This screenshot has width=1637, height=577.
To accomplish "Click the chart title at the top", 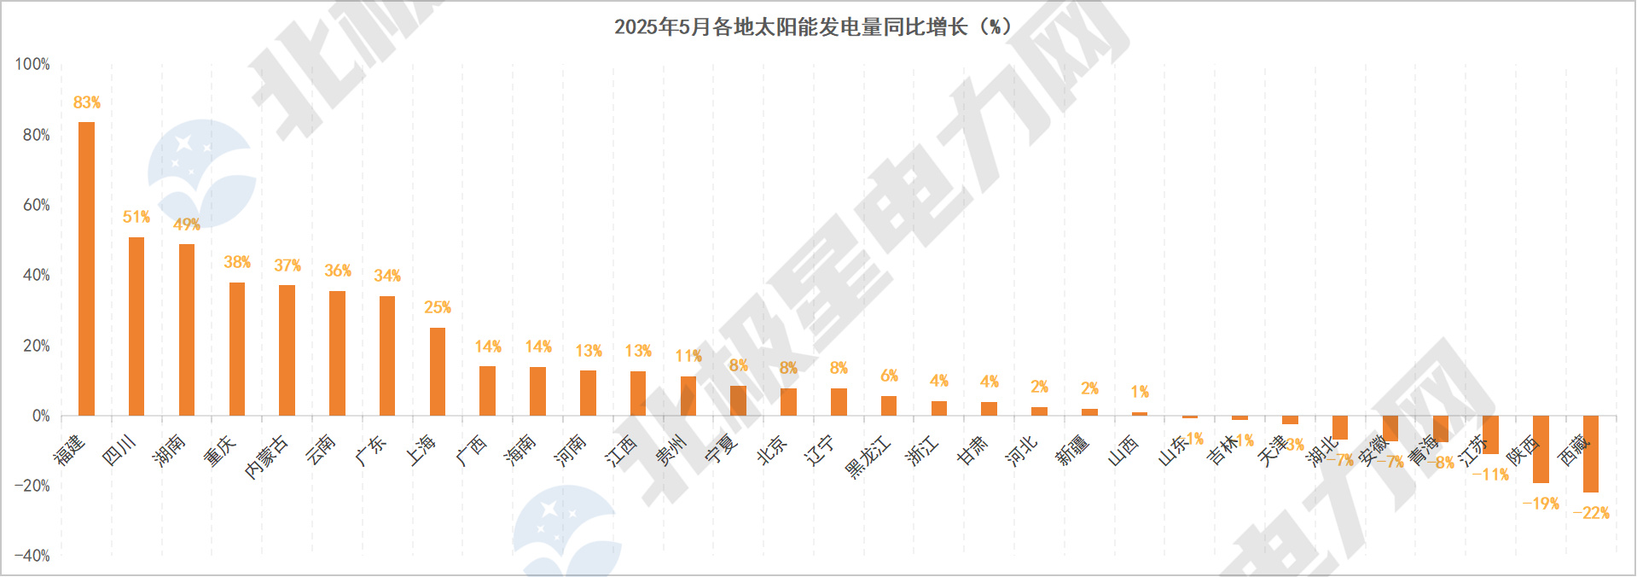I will (812, 27).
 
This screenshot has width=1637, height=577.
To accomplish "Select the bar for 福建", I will (86, 269).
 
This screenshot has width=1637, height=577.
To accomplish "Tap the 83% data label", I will (86, 102).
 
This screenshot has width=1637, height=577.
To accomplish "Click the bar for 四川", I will (136, 326).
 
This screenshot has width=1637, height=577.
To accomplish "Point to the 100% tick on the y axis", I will (32, 64).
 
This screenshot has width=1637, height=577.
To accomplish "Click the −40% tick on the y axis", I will (32, 556).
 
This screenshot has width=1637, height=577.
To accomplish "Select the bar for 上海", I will (438, 371).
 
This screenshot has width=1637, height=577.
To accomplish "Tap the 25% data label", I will (438, 307).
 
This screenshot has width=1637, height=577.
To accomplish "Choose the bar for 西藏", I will (1591, 454).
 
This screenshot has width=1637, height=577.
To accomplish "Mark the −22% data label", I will (1591, 513).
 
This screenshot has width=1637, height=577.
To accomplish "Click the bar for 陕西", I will (1541, 450).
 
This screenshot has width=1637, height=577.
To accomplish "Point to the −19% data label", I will (1541, 504).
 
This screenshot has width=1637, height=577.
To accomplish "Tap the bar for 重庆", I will (237, 349).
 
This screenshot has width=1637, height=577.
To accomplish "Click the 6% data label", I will (889, 376).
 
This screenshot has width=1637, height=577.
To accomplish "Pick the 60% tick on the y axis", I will (36, 205).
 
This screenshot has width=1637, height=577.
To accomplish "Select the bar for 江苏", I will (1490, 435).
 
